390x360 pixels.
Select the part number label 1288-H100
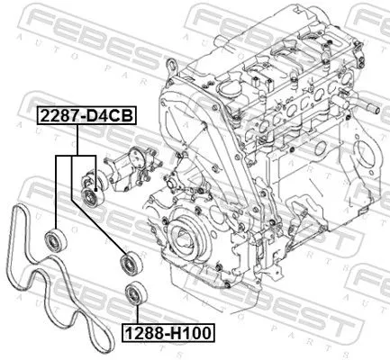168,333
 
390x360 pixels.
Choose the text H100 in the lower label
191,333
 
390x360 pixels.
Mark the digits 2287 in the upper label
56,116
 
